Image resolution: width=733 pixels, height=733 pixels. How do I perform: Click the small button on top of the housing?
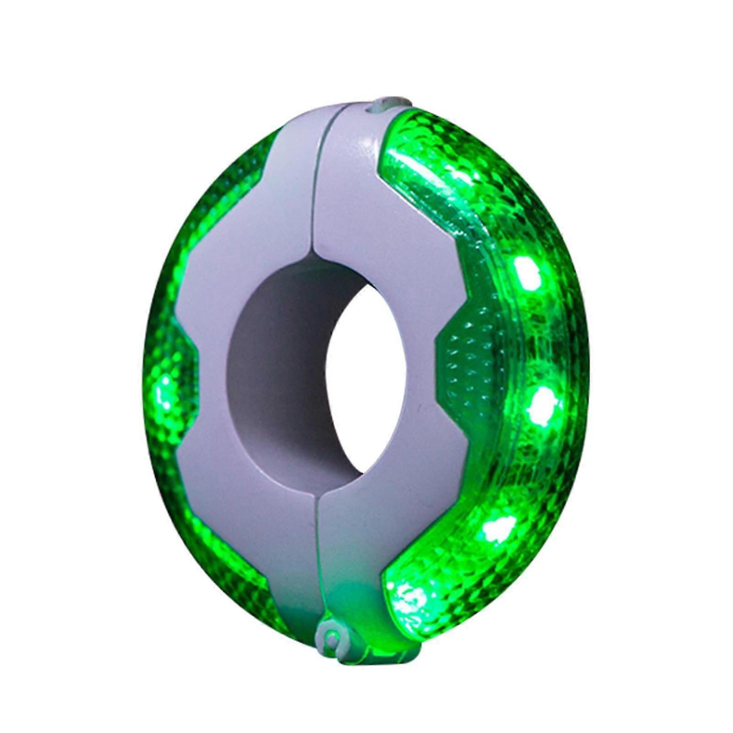coord(383,105)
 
